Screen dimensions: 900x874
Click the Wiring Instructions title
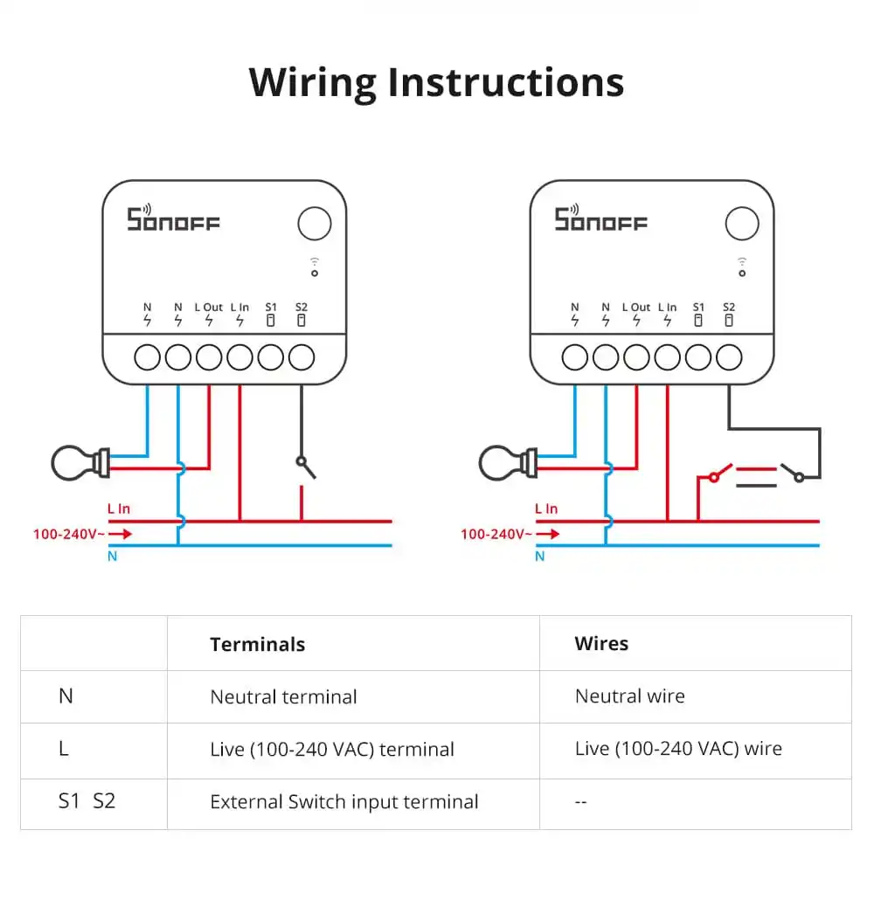[x=436, y=82]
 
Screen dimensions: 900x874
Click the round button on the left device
[x=315, y=224]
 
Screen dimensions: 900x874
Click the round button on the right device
[x=742, y=224]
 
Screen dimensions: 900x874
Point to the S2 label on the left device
[x=302, y=308]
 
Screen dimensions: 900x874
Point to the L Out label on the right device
[x=636, y=308]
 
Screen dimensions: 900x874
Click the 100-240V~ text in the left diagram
[x=69, y=533]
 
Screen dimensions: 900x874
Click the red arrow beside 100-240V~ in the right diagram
[x=549, y=533]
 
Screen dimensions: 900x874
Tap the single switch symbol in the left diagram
[x=305, y=467]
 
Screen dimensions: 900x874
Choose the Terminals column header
[x=257, y=645]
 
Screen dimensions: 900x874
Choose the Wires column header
[x=601, y=644]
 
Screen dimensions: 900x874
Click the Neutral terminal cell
[x=283, y=697]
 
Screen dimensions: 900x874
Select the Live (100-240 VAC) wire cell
[x=678, y=749]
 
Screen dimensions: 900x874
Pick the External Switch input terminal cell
[x=343, y=802]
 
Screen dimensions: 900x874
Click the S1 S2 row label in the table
[x=87, y=801]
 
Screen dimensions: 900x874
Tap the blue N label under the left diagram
[x=112, y=557]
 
